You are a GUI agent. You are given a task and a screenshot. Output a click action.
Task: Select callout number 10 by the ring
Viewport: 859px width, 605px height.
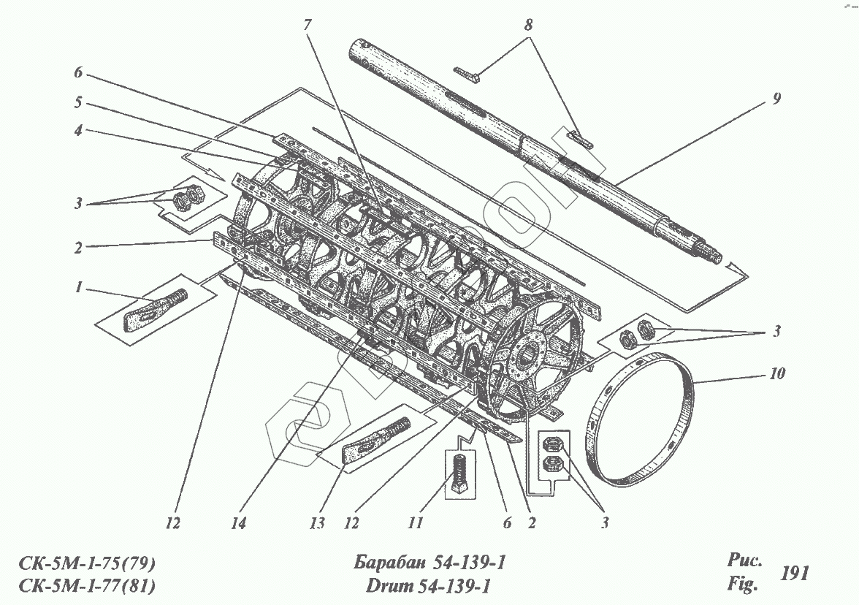pos(777,374)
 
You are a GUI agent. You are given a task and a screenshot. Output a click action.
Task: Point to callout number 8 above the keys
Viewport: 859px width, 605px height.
pos(527,24)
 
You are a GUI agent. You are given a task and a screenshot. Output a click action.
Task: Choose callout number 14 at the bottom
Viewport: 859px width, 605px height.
pos(239,524)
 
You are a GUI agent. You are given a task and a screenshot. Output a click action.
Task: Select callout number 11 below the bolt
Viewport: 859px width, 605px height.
pos(415,524)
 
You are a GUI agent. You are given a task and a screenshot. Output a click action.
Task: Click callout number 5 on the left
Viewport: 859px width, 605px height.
pos(79,103)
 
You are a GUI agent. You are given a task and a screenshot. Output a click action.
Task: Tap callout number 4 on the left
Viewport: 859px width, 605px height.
pos(79,132)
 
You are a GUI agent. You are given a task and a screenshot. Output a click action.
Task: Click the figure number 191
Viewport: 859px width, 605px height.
pos(794,574)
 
